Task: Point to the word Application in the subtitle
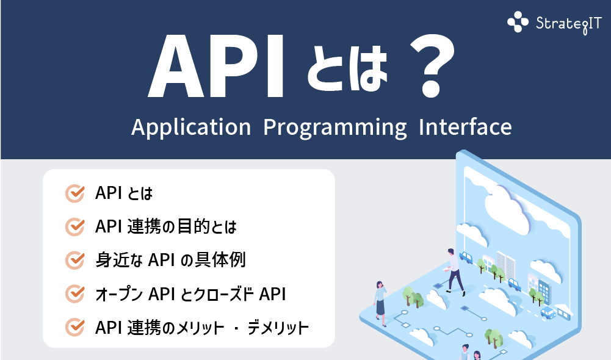coord(190,128)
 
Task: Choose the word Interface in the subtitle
coord(465,127)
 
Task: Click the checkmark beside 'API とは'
coord(74,193)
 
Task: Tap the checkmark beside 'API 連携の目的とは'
coord(74,227)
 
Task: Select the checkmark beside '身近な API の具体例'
coord(74,261)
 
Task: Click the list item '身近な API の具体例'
coord(170,261)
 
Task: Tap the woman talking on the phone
coord(380,298)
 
